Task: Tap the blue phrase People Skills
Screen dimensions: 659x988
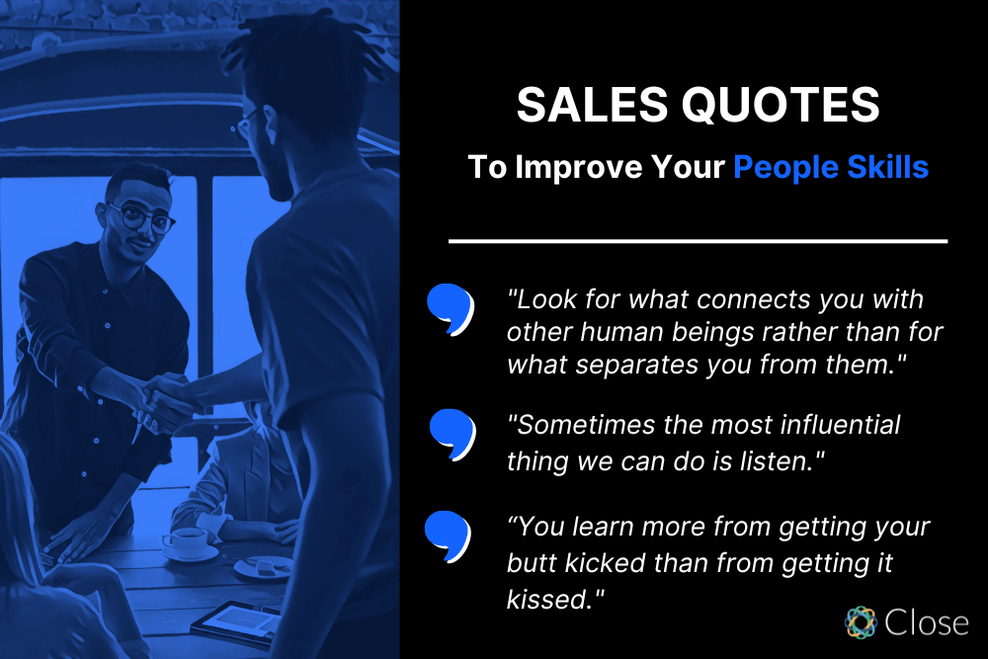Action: pos(831,167)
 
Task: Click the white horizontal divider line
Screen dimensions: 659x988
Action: pos(698,240)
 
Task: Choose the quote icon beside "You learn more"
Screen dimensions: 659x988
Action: pos(448,531)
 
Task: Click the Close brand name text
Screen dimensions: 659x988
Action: pos(926,622)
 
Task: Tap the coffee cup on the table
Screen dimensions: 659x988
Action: pos(185,541)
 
